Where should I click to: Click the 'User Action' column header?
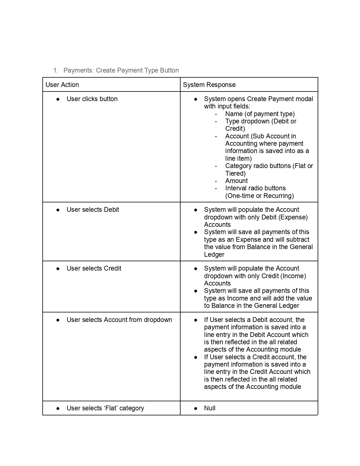pos(62,85)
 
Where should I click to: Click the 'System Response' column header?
pos(209,85)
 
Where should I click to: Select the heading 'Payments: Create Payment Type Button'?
pos(121,70)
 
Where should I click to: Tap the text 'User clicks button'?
pos(92,99)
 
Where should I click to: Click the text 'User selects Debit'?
pos(93,210)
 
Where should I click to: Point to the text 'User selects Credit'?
pos(94,268)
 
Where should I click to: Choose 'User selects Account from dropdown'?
pos(119,320)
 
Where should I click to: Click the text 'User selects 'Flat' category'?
pos(105,408)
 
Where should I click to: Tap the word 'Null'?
pos(210,408)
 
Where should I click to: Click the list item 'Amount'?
pos(236,181)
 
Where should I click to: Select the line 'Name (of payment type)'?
pos(260,114)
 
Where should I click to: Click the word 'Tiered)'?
pos(235,173)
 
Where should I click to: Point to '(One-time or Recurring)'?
pos(259,196)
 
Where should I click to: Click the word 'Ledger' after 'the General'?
pos(214,254)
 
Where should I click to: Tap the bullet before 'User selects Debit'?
pos(58,210)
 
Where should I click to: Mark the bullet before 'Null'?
pos(195,408)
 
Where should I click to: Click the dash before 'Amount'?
pos(216,181)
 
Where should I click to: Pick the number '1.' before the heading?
pos(56,70)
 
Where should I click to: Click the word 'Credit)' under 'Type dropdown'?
pos(235,129)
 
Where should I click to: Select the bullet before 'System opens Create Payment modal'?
pos(195,99)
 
